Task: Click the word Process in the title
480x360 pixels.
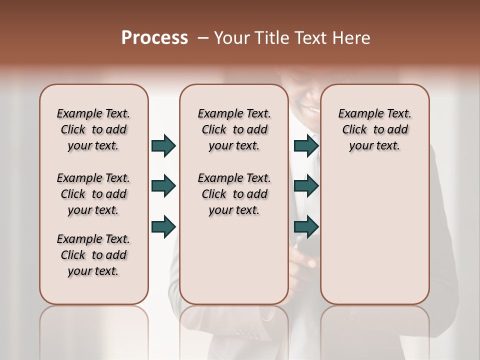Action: point(154,38)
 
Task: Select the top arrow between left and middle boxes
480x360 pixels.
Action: point(163,145)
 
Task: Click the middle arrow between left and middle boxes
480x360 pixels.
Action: point(163,186)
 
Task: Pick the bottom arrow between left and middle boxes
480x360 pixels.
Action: point(163,226)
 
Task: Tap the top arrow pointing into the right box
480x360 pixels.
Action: point(306,145)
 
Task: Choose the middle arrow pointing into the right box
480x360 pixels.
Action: point(306,186)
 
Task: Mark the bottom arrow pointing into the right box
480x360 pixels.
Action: point(306,226)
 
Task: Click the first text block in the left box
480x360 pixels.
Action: point(93,129)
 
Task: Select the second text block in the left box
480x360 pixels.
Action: point(93,194)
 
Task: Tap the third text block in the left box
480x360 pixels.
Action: point(93,255)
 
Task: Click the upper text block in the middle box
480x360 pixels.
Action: point(234,129)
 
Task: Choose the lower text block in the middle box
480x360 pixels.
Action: point(234,194)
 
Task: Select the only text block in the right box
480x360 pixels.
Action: point(374,129)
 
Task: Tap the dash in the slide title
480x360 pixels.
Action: point(203,38)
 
